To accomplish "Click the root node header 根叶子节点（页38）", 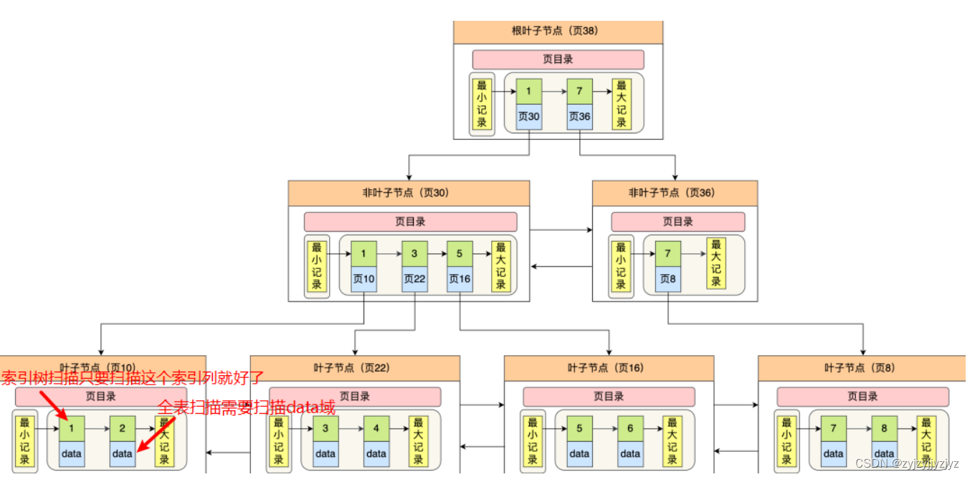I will tap(558, 32).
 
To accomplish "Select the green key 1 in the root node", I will tap(528, 92).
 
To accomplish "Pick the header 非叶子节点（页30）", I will tap(409, 193).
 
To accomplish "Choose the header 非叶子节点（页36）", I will tap(675, 193).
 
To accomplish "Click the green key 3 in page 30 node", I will tap(414, 254).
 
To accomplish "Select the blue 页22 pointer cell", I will tap(414, 279).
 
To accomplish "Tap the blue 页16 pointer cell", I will tap(460, 279).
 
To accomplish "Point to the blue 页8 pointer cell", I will tap(667, 279).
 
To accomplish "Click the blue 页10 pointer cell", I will tap(363, 279).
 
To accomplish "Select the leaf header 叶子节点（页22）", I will tap(355, 368).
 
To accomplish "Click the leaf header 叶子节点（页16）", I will tap(609, 368).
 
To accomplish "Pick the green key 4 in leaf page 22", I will tap(376, 429).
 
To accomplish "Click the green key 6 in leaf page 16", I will tap(630, 429).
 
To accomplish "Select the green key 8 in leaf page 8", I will tap(884, 429).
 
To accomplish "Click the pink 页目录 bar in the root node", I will tap(558, 60).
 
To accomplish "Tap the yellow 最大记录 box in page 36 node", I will tap(715, 263).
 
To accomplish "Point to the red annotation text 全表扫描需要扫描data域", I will tap(246, 407).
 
